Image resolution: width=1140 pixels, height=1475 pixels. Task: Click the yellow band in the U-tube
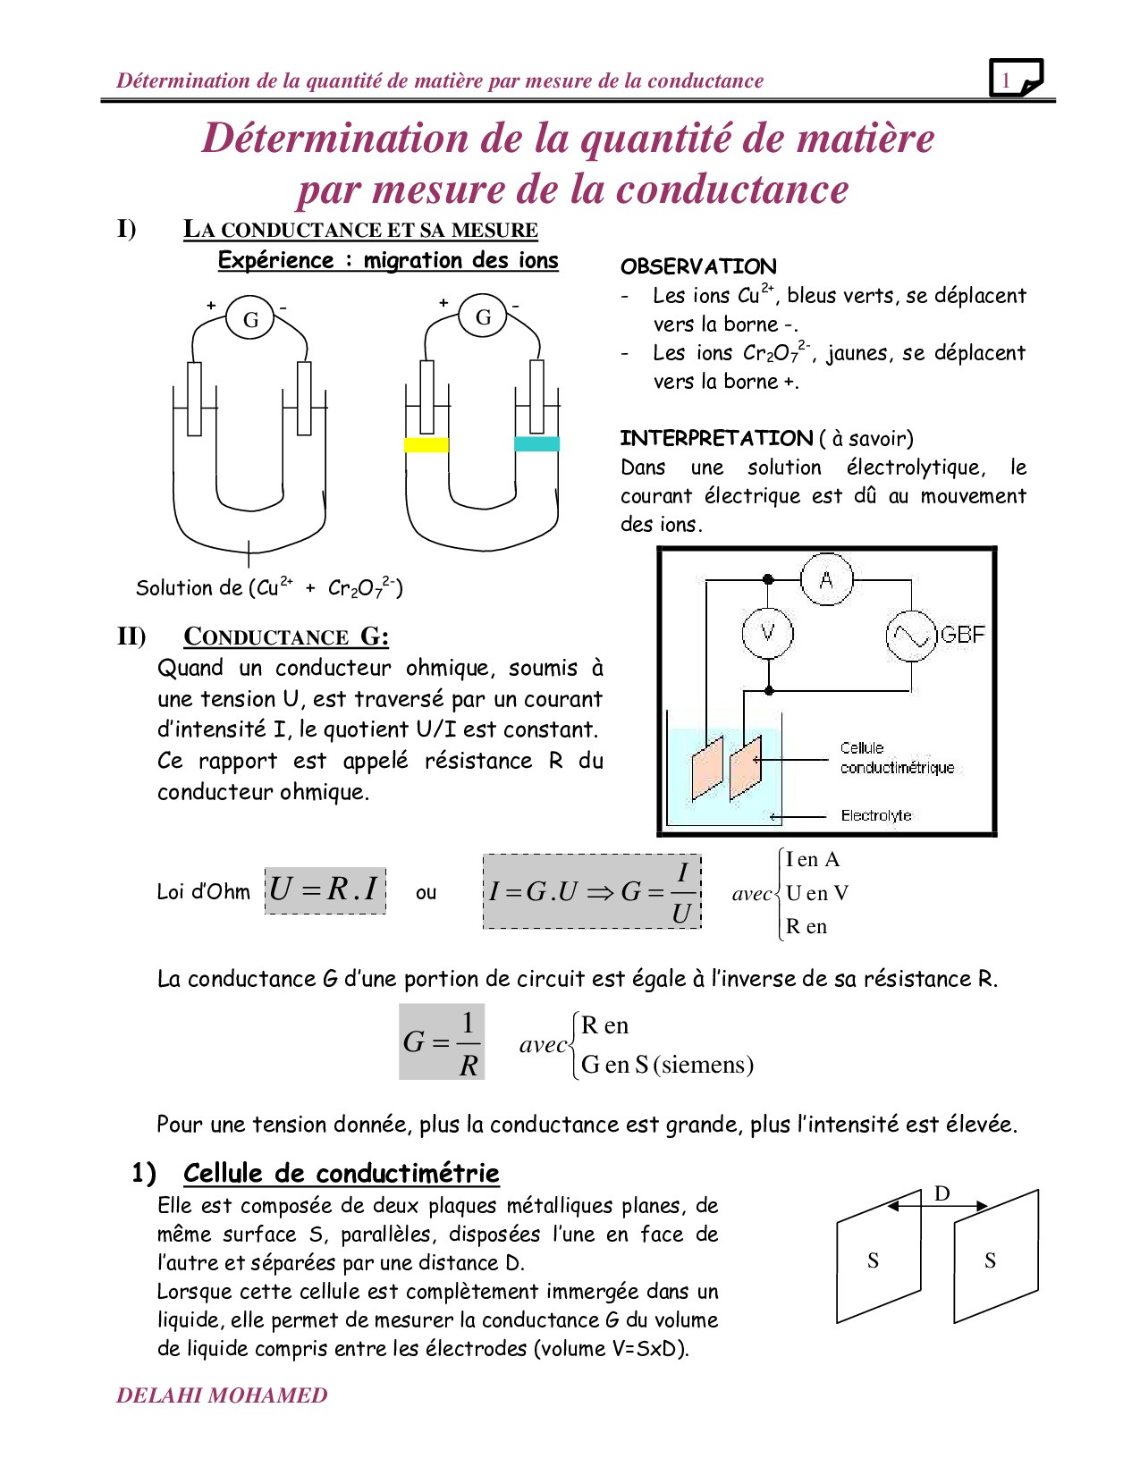pyautogui.click(x=426, y=444)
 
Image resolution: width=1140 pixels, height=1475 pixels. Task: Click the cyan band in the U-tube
pyautogui.click(x=536, y=443)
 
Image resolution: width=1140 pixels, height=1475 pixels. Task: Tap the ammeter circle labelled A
pyautogui.click(x=826, y=579)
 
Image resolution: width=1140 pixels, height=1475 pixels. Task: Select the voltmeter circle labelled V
pyautogui.click(x=767, y=633)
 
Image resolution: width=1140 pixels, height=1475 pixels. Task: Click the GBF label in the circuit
pyautogui.click(x=963, y=635)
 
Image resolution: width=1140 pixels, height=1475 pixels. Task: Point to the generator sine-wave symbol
pyautogui.click(x=910, y=636)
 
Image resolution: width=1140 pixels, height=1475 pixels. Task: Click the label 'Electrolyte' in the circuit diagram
pyautogui.click(x=876, y=815)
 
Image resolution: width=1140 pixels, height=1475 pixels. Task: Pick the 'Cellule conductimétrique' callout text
pyautogui.click(x=896, y=758)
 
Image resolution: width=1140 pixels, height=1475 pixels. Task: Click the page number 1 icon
pyautogui.click(x=1016, y=79)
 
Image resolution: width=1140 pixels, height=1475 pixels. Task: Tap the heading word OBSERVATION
pyautogui.click(x=698, y=266)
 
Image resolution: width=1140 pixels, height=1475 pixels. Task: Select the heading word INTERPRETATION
pyautogui.click(x=716, y=438)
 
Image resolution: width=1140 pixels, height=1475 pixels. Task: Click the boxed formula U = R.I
pyautogui.click(x=325, y=889)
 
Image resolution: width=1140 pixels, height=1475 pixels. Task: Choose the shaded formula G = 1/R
pyautogui.click(x=442, y=1042)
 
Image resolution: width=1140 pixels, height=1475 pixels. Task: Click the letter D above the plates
pyautogui.click(x=942, y=1193)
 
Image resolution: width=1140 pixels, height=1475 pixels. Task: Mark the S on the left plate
pyautogui.click(x=874, y=1260)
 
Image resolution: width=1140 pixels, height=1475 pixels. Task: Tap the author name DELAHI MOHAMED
pyautogui.click(x=222, y=1395)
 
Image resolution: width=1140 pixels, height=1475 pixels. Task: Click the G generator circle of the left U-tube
pyautogui.click(x=250, y=319)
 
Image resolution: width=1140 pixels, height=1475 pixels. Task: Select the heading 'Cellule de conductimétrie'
pyautogui.click(x=341, y=1173)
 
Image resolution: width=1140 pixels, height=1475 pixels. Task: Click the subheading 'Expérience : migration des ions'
pyautogui.click(x=388, y=260)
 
